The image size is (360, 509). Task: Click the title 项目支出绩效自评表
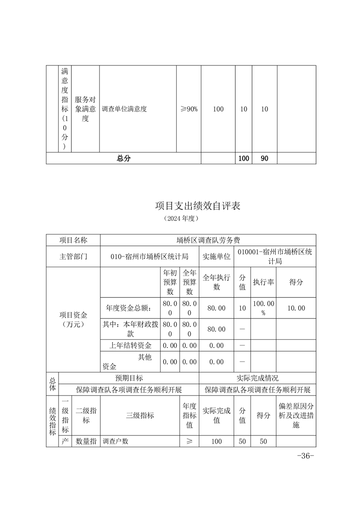coord(197,206)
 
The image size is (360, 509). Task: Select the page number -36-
coord(305,456)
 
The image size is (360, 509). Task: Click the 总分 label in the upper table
coord(123,158)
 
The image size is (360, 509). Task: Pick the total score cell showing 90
coord(264,158)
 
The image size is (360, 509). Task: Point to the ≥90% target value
coord(189,109)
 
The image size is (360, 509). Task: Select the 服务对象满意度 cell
coord(85,109)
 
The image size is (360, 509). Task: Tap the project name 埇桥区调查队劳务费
coord(208,240)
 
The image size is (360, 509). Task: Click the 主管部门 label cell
coord(73,256)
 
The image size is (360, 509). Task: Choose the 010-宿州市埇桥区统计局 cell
coord(149,256)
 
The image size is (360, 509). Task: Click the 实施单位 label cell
coord(216,256)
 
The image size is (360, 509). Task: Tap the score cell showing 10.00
coord(296,308)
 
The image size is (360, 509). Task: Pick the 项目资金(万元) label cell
coord(73,319)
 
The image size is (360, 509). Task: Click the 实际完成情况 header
coord(257,377)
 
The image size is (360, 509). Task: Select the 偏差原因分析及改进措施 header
coord(296,415)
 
